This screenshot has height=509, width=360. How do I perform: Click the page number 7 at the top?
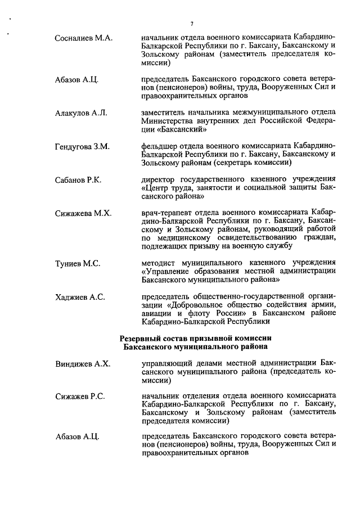(x=192, y=23)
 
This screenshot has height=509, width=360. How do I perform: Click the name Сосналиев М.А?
(x=84, y=38)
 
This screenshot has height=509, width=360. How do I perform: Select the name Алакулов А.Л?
(x=81, y=113)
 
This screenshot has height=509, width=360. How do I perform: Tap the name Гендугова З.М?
(x=82, y=147)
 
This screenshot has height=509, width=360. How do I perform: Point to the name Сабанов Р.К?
(x=78, y=180)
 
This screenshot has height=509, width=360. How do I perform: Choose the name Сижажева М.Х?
(x=83, y=214)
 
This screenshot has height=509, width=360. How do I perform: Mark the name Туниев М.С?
(x=78, y=263)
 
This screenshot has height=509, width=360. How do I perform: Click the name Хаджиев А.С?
(x=80, y=297)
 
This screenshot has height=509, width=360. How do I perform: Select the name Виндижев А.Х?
(x=83, y=364)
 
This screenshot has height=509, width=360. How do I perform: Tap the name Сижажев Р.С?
(x=80, y=398)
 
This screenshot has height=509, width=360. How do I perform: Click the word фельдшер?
(x=159, y=147)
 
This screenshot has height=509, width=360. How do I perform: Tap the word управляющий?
(x=168, y=364)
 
